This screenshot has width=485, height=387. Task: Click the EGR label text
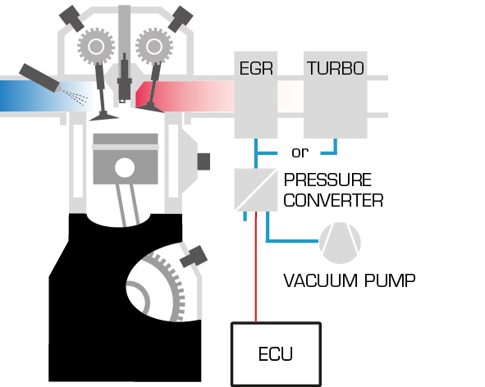coord(256,68)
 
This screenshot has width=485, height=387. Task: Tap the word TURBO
coord(336,68)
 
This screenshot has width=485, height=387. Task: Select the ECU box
coord(276,354)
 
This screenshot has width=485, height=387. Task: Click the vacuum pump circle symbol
coord(340,243)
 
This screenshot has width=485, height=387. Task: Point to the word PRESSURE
coord(327,180)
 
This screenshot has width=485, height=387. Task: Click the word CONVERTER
coord(333,200)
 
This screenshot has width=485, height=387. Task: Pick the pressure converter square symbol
coord(256,189)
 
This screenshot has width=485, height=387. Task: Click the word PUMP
coord(390,280)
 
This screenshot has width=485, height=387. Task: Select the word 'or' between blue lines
coord(300,153)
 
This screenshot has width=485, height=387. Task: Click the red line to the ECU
coord(256,266)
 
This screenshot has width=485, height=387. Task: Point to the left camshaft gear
coord(96,47)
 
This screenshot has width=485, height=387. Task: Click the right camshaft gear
coord(154,47)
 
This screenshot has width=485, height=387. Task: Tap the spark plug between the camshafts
coord(125,78)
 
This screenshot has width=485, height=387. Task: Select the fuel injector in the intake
coord(40,78)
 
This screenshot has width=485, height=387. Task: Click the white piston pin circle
coord(125,168)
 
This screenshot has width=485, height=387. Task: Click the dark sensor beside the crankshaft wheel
coord(194,257)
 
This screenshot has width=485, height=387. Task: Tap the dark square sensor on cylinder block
coord(204,162)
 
